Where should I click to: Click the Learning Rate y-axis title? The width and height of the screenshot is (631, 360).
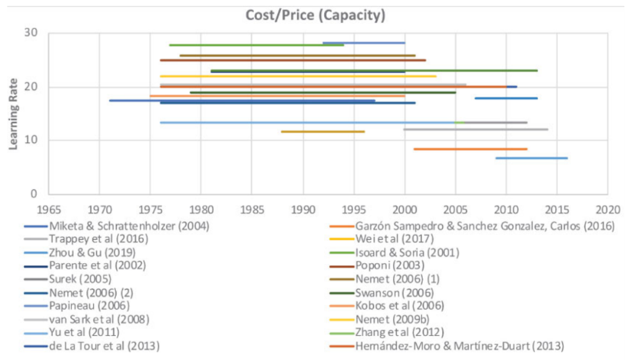click(x=13, y=113)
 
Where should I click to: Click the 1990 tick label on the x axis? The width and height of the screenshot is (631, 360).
click(x=303, y=208)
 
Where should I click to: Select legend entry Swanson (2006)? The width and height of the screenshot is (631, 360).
click(x=394, y=292)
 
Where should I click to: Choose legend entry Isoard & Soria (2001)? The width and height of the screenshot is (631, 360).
click(x=407, y=252)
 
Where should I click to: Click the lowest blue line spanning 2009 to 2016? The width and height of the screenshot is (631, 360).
click(x=531, y=158)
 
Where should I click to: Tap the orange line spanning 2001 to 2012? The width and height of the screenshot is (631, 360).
click(x=470, y=149)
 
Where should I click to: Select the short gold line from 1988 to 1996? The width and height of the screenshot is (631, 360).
click(x=323, y=131)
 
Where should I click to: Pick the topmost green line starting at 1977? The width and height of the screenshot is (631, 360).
click(x=256, y=45)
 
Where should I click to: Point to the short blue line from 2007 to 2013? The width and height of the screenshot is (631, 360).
click(x=506, y=98)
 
